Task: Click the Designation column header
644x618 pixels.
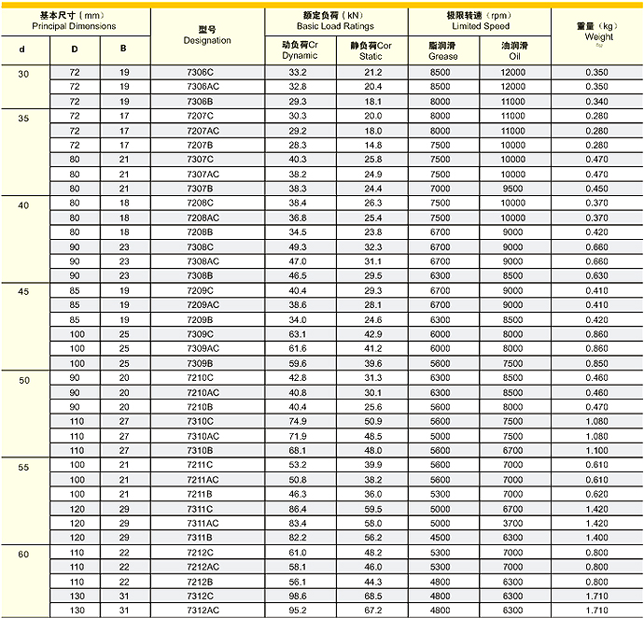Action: [x=207, y=35]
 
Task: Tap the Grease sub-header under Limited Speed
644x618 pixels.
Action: [x=443, y=50]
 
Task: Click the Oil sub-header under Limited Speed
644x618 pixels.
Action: [x=513, y=50]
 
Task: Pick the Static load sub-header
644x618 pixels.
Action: [x=371, y=50]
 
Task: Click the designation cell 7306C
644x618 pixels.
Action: [x=201, y=72]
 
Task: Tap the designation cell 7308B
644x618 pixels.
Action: [x=201, y=275]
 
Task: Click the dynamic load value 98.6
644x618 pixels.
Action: [x=297, y=596]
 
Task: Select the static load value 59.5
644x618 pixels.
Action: [x=372, y=509]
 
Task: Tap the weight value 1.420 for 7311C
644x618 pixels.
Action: [x=595, y=509]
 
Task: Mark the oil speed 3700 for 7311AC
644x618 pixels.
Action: [x=513, y=523]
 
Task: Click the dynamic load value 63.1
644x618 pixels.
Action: [x=297, y=334]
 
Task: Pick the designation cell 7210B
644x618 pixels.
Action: [x=201, y=407]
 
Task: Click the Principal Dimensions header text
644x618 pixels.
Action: [x=75, y=26]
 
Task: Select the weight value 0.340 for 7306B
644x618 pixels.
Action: [x=595, y=101]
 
